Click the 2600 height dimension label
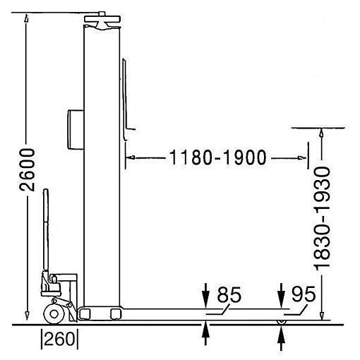[x=26, y=170]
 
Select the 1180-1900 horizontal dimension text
[x=217, y=157]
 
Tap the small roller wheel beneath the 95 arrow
[x=282, y=322]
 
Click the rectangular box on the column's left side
[x=73, y=128]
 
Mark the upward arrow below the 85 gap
[x=206, y=331]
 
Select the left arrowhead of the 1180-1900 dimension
[x=129, y=157]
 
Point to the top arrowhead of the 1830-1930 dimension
[x=323, y=133]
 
